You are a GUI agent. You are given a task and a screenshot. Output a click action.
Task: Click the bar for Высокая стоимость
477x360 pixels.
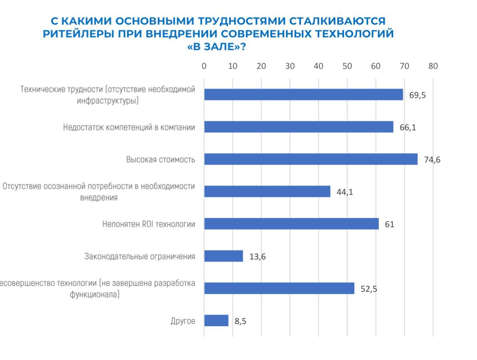click(x=311, y=159)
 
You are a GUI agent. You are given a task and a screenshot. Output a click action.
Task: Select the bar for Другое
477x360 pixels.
click(x=216, y=320)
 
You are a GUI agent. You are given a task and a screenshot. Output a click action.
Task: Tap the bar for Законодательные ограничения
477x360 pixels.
click(x=224, y=256)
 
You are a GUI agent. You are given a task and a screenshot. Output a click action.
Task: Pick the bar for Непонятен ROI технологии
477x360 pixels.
click(x=291, y=224)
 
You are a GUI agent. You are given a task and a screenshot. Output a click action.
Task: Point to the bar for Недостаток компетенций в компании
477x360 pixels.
click(x=299, y=127)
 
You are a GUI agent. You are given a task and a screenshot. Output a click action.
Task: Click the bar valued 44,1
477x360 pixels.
click(x=267, y=192)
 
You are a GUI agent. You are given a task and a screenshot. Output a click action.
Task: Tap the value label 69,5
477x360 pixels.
click(x=418, y=95)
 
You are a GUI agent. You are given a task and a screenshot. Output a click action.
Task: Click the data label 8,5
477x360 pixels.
click(x=240, y=321)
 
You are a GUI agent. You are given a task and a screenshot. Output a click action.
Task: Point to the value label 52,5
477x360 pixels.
click(x=369, y=289)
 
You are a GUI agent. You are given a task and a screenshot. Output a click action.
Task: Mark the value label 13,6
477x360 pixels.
click(x=257, y=257)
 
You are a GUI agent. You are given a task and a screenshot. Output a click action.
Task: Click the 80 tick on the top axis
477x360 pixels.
click(x=433, y=66)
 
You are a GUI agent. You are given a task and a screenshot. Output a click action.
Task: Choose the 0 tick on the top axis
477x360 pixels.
click(x=204, y=66)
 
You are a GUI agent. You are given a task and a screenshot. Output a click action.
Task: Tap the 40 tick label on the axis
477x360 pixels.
click(x=319, y=66)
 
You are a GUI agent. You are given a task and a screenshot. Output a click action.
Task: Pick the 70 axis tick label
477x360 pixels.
click(x=404, y=66)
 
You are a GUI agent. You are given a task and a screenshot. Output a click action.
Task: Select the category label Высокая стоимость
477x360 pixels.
click(x=160, y=160)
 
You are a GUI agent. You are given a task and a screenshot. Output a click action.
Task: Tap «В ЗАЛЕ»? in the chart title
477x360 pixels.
click(x=216, y=47)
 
